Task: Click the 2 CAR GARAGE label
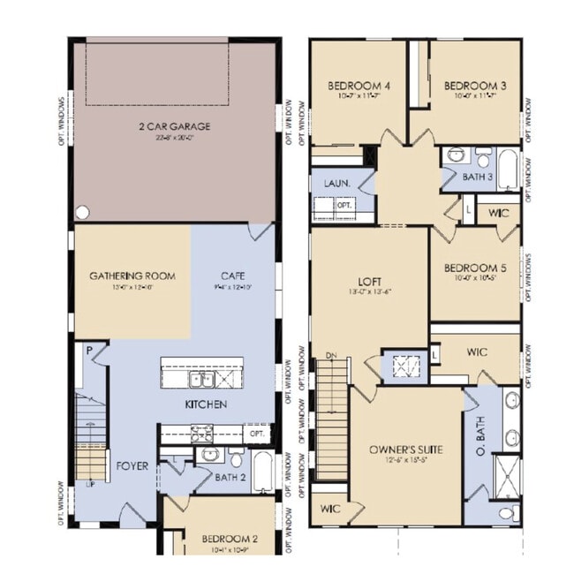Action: [174, 126]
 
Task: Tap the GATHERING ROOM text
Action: [132, 276]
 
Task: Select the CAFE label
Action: [233, 276]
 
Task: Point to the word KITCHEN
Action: [206, 404]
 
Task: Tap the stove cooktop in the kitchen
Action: [200, 433]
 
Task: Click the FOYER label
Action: [132, 465]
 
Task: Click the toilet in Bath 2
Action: [236, 459]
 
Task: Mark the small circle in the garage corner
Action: [82, 213]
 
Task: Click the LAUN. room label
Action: [336, 183]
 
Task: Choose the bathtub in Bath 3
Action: [508, 169]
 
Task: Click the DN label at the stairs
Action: [331, 355]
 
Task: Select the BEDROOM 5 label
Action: [474, 268]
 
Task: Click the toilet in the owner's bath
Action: [508, 512]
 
